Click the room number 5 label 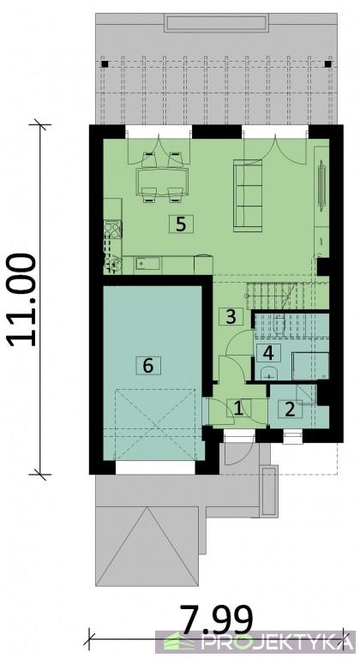click(181, 224)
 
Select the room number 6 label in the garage click(148, 366)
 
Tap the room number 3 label click(231, 316)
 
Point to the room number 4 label click(269, 353)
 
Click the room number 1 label click(238, 409)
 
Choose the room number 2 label click(291, 409)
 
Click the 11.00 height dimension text click(21, 300)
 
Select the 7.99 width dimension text click(216, 619)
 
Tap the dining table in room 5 click(162, 178)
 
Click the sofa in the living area click(248, 195)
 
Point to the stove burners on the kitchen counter click(112, 230)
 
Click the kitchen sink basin click(147, 264)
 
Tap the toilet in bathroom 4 click(279, 324)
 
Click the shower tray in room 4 click(310, 366)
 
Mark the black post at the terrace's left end click(105, 64)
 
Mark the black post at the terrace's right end click(328, 64)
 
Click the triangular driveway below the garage click(147, 546)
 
